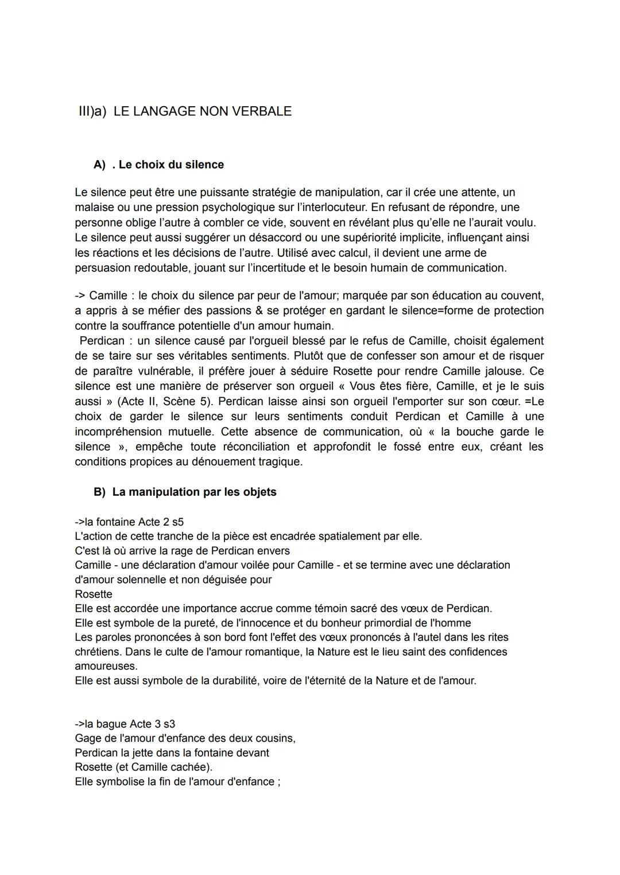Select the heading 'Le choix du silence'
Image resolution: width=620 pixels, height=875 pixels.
pos(171,165)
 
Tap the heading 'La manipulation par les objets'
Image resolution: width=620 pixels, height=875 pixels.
pos(194,492)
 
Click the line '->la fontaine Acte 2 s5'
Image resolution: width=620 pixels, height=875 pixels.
pos(129,522)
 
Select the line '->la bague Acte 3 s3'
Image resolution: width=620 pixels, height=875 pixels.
pos(125,724)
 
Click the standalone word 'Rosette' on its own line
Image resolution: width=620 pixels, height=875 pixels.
pos(94,594)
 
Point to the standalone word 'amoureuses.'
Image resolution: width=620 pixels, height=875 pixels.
pos(106,666)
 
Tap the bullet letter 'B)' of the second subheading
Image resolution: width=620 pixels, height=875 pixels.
pos(100,492)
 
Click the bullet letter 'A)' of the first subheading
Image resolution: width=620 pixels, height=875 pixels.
pos(100,165)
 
